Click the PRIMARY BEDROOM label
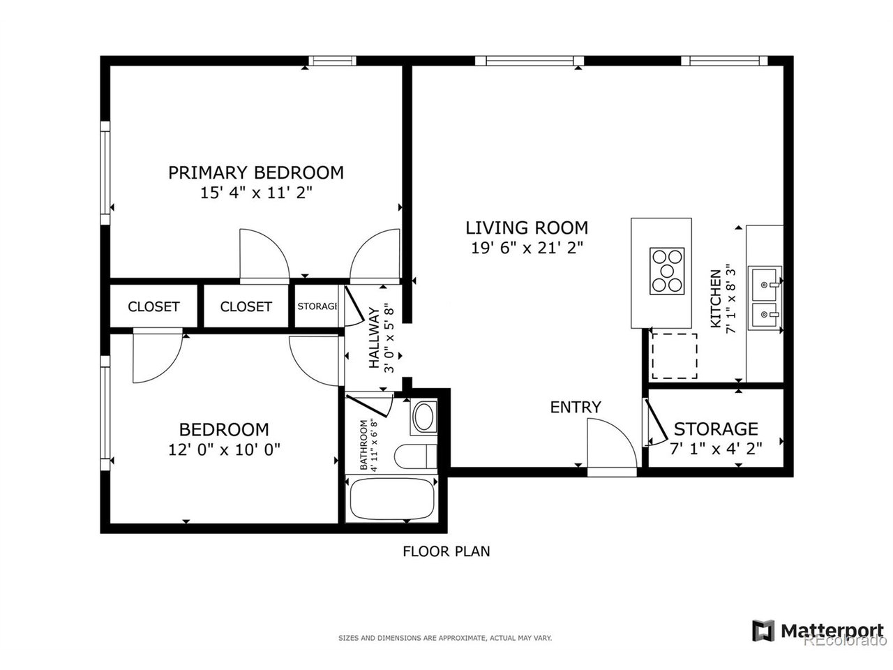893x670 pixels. tap(256, 173)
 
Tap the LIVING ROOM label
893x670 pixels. tap(527, 228)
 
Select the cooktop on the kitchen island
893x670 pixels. tap(667, 271)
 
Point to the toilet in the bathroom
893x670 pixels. tap(415, 456)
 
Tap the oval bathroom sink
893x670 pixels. tap(424, 417)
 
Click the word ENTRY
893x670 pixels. tap(576, 407)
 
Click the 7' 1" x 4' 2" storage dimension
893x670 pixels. tap(716, 449)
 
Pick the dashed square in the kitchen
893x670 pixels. tap(675, 357)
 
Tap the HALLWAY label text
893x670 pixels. tap(374, 338)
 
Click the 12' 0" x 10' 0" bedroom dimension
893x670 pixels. tap(224, 450)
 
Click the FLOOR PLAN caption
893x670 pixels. tap(446, 551)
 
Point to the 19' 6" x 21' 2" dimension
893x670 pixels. tap(527, 248)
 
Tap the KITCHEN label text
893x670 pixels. tap(716, 299)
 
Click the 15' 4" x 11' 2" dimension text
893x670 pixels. tap(256, 193)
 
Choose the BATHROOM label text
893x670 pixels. tap(363, 445)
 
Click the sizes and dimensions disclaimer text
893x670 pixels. tap(445, 639)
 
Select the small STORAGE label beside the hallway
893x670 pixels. tap(317, 306)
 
